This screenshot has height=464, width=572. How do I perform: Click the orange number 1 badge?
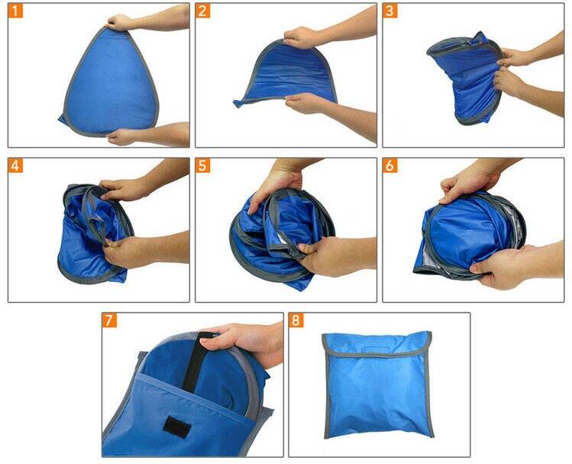click(15, 11)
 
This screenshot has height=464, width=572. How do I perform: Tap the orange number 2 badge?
click(202, 11)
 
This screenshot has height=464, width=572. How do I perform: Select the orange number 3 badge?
click(389, 11)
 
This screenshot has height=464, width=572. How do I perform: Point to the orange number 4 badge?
click(15, 166)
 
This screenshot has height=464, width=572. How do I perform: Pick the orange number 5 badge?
click(202, 166)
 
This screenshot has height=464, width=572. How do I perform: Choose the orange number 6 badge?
click(389, 166)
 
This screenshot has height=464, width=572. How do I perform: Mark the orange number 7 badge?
click(109, 320)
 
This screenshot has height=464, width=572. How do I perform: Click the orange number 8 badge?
click(296, 320)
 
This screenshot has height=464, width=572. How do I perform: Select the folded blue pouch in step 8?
click(377, 385)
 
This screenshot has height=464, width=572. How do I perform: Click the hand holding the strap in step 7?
click(243, 343)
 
